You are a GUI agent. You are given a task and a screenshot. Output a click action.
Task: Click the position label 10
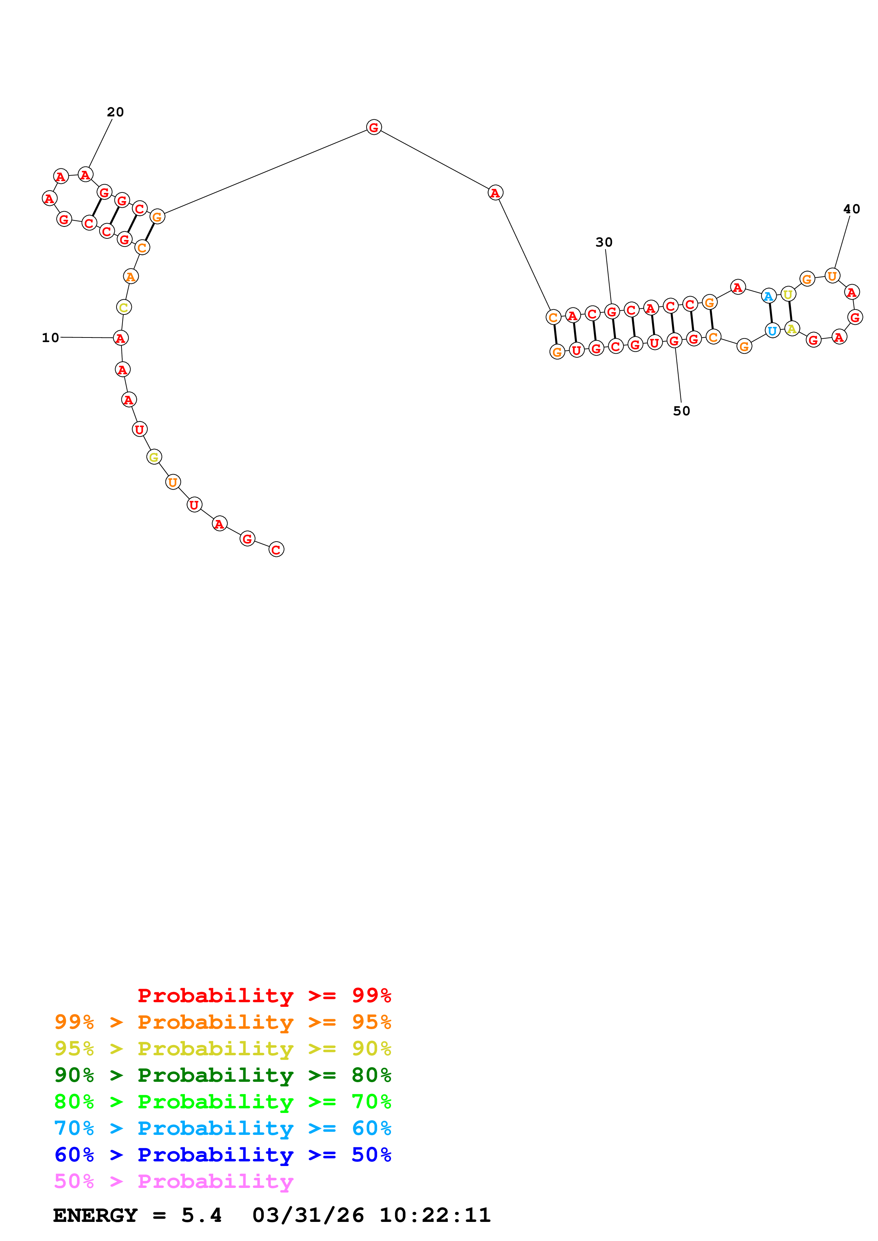click(x=50, y=338)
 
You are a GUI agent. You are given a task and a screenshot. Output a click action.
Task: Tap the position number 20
click(x=115, y=112)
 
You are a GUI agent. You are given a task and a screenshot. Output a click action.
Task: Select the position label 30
click(x=604, y=242)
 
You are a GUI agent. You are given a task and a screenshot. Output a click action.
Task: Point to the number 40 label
click(x=851, y=209)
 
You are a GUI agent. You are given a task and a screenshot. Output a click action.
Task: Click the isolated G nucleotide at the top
click(x=374, y=128)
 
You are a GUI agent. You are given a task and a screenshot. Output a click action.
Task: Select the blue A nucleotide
click(x=768, y=296)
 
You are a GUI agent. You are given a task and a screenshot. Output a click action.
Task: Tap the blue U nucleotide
click(x=772, y=330)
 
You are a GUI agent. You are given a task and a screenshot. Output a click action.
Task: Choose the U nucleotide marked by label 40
click(x=832, y=276)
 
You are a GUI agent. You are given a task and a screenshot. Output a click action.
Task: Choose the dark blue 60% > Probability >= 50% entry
click(x=222, y=1155)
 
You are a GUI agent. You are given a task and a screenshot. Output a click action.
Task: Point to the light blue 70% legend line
click(x=222, y=1128)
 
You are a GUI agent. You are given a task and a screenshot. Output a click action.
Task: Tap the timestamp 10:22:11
click(x=435, y=1216)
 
